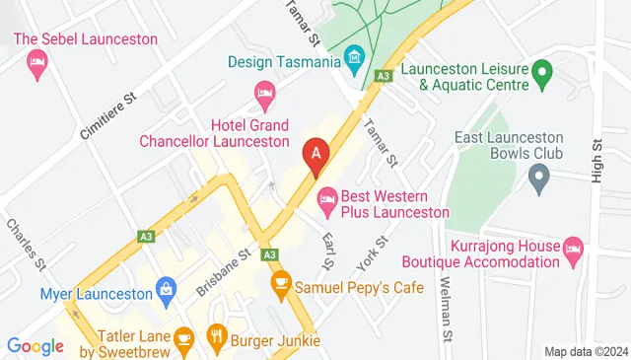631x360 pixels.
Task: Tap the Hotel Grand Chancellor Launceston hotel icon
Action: tap(264, 97)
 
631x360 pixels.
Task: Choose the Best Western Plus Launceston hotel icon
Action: tap(327, 204)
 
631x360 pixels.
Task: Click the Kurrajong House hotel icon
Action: tap(573, 249)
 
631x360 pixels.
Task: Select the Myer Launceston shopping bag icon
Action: tap(166, 292)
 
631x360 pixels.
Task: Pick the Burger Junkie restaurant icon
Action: tap(217, 341)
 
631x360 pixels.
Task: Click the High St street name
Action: tap(596, 159)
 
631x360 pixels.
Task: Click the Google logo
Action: tap(35, 346)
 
